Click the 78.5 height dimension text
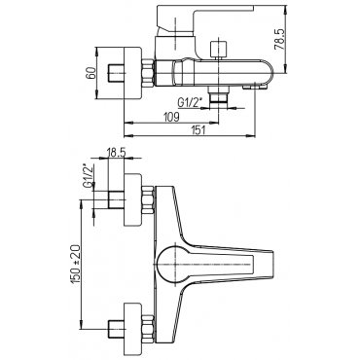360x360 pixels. pos(280,39)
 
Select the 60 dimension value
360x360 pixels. pos(91,73)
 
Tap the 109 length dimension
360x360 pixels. pos(171,117)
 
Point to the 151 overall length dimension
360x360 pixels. pos(198,130)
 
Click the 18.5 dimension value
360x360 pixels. pos(116,152)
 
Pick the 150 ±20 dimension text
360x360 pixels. pos(76,265)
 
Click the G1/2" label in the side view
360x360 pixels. pos(190,103)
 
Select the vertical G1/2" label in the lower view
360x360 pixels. pos(89,176)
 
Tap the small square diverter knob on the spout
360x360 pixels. pos(218,49)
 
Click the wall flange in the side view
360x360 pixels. pos(133,73)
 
